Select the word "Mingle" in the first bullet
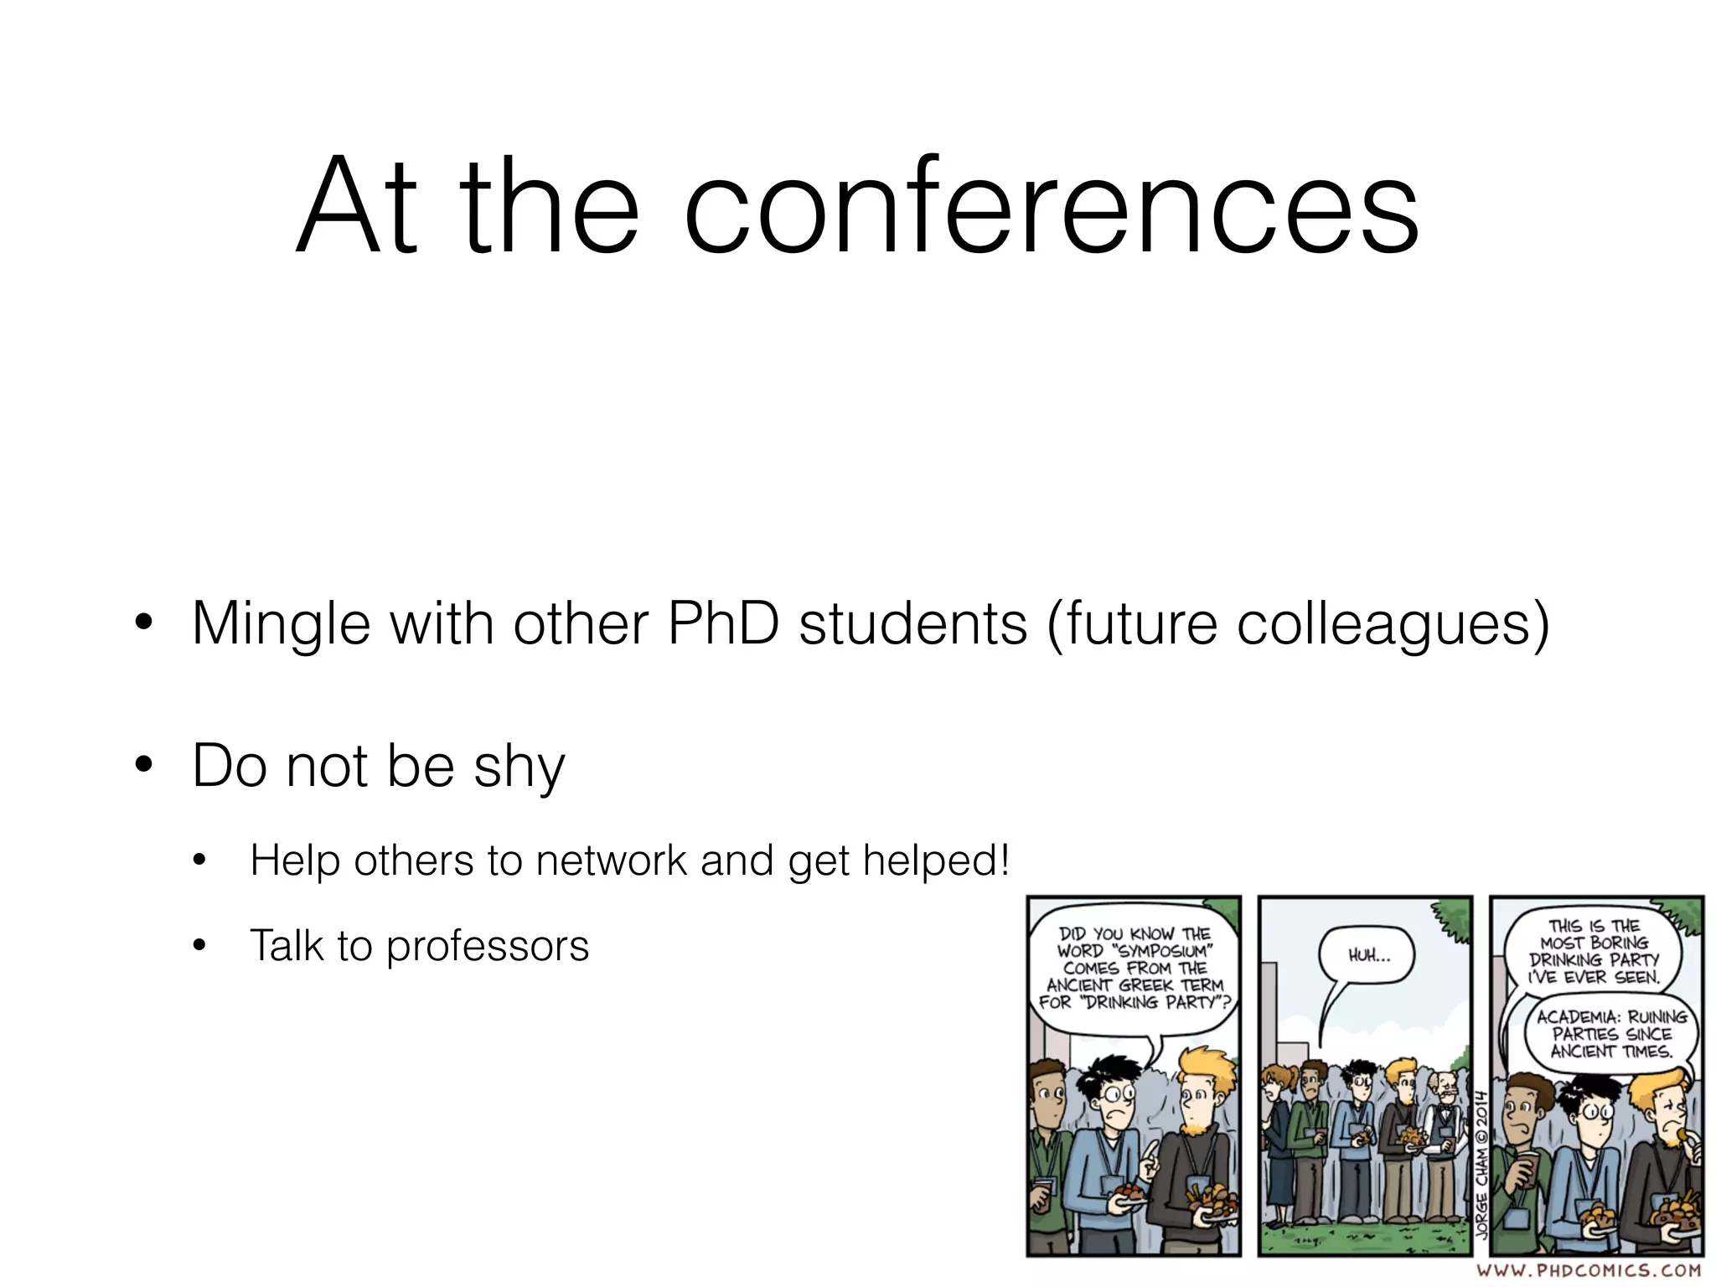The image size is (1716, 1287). click(281, 624)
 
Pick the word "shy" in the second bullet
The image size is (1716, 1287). click(519, 767)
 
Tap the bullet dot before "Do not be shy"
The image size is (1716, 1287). click(144, 764)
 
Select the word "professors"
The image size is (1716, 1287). click(488, 946)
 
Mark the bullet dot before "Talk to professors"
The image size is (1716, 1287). click(199, 946)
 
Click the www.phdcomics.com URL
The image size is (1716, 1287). click(1589, 1271)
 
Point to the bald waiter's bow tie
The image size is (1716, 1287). click(1443, 1111)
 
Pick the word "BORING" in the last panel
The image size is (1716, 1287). click(1619, 943)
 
